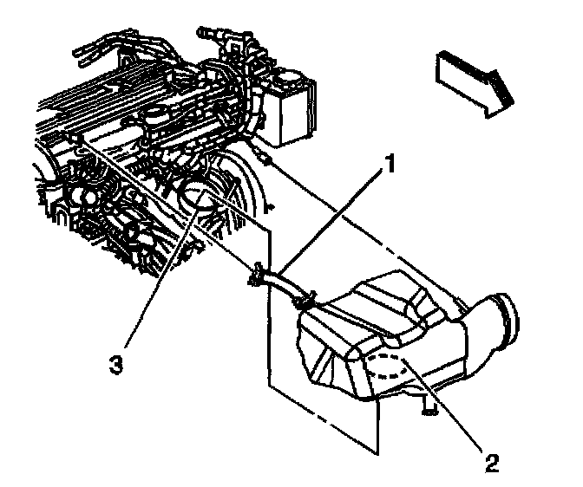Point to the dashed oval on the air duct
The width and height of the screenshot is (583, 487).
pos(387,368)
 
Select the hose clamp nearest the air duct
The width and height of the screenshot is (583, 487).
pos(304,300)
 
